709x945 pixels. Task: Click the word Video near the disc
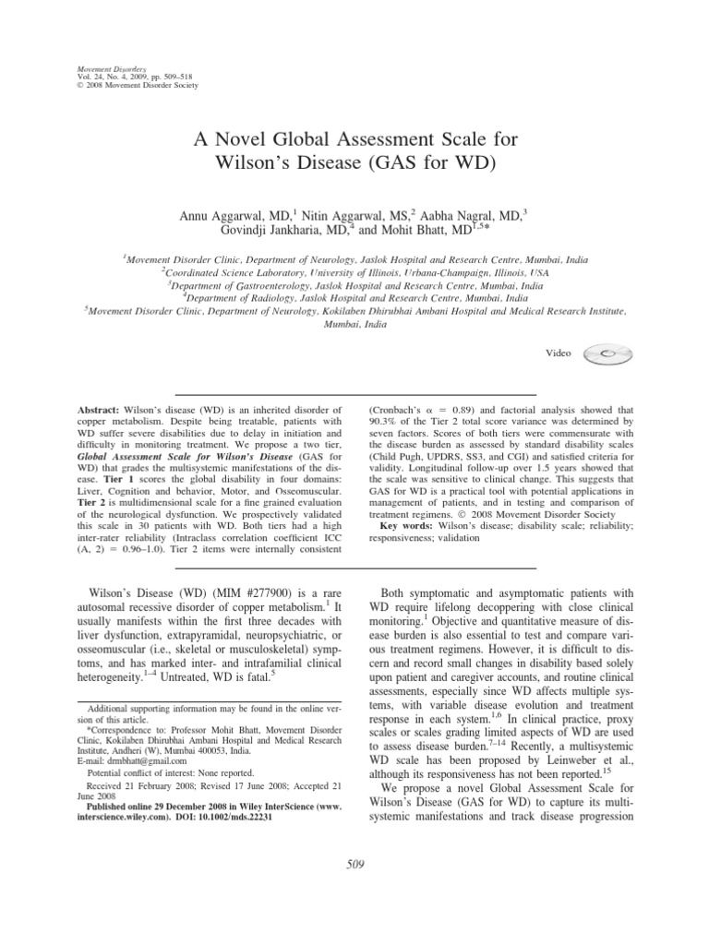(x=559, y=353)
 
